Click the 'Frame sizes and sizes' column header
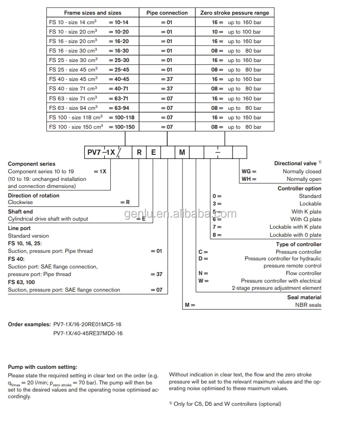click(93, 13)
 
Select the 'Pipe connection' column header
click(167, 13)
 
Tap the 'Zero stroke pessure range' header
click(234, 13)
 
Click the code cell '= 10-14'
click(118, 22)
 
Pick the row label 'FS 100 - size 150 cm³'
click(76, 127)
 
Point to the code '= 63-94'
click(118, 108)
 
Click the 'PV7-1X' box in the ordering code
click(100, 152)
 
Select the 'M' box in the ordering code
click(182, 152)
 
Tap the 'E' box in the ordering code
click(153, 152)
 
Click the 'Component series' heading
click(32, 164)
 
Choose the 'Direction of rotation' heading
click(34, 196)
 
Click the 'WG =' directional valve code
click(249, 171)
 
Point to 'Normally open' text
click(304, 179)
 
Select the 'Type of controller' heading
click(298, 244)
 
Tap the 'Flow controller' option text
click(303, 273)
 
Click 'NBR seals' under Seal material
click(308, 305)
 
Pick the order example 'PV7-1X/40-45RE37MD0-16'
click(88, 333)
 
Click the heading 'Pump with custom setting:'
click(42, 367)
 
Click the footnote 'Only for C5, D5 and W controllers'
click(227, 404)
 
